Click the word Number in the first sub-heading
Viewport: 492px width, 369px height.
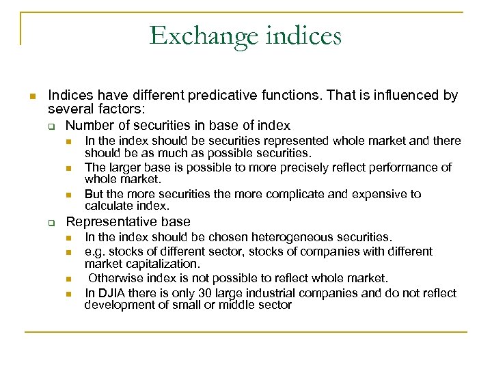click(89, 125)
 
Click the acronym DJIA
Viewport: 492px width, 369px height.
click(111, 292)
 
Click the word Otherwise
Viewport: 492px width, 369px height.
click(117, 278)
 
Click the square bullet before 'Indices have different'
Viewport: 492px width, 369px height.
click(31, 96)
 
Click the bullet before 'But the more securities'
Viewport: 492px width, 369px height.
click(69, 195)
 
